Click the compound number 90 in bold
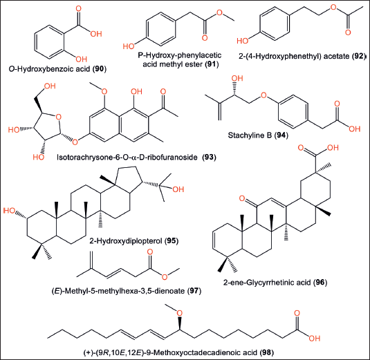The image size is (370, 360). pos(100,69)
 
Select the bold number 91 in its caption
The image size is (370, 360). pos(212,64)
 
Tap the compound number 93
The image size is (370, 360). pos(209,157)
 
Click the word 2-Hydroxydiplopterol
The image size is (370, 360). pos(126,241)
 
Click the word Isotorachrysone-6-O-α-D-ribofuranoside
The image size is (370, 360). pos(127,157)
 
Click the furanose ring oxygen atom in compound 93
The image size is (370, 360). pos(58,117)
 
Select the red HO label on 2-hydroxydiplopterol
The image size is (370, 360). pos(9,210)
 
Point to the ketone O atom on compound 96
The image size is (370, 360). pos(241,198)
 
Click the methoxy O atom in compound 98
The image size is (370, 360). pos(180,313)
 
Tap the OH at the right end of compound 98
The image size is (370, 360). pos(315,339)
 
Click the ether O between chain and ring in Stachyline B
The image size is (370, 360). pos(263,95)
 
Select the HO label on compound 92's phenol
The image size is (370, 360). pos(243,41)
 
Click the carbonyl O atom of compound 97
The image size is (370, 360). pos(150,252)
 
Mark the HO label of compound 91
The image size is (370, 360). pos(129,46)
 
